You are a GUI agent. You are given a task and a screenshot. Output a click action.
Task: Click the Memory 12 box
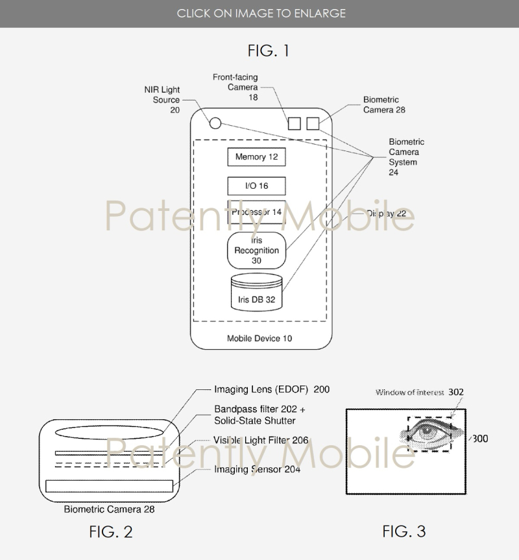256,157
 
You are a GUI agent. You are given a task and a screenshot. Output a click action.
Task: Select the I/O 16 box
256,186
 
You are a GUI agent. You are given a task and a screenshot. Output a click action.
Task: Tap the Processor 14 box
256,212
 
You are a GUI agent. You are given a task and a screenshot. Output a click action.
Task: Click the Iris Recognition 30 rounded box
256,250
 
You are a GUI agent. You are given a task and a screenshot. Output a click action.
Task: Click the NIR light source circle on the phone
215,123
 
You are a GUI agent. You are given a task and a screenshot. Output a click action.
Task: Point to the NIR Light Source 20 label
162,100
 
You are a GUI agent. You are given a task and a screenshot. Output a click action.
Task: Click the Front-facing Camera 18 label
235,87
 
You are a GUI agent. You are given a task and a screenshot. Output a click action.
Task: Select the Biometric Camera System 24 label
406,157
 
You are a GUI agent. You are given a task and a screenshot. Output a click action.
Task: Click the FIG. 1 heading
259,51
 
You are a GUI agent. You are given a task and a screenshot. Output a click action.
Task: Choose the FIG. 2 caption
110,532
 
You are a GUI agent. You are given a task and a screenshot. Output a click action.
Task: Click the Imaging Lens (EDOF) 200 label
272,390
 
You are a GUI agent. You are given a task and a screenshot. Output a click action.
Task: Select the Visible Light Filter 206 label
261,440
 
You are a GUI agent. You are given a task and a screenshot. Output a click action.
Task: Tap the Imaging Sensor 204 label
257,469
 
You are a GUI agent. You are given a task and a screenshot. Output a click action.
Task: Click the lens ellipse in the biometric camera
107,432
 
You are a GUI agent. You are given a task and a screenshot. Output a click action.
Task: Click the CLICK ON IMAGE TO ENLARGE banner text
259,13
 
